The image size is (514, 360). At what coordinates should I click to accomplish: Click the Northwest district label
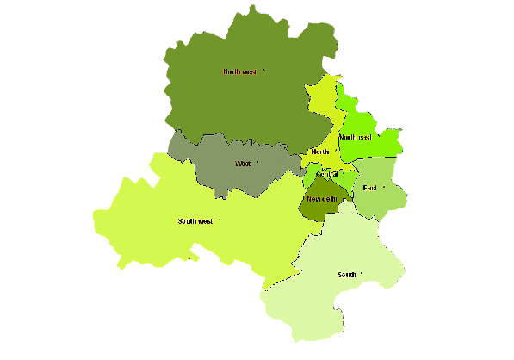click(x=239, y=72)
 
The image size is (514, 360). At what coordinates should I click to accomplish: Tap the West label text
click(x=242, y=164)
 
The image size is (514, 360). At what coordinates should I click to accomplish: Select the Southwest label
click(x=195, y=221)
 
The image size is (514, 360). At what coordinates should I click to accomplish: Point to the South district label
click(x=347, y=275)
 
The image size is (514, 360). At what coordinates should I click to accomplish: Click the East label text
click(x=370, y=188)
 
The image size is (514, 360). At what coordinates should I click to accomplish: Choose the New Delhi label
click(x=321, y=199)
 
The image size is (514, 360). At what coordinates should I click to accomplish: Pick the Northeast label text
click(x=355, y=138)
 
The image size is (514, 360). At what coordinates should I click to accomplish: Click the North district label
click(x=320, y=152)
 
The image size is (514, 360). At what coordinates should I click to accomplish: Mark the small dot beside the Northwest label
click(x=264, y=71)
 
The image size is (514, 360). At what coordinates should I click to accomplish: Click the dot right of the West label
click(x=257, y=162)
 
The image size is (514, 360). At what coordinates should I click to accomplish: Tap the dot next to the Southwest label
click(x=220, y=220)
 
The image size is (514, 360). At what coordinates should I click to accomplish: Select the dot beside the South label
click(x=362, y=274)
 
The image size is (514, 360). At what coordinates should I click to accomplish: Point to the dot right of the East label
click(x=383, y=186)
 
